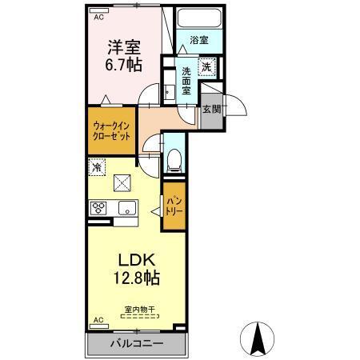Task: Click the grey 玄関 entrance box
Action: (x=210, y=109)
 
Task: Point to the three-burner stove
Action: (x=99, y=208)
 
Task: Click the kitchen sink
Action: (x=126, y=209)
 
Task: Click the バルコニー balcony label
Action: (x=136, y=343)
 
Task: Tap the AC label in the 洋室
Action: (x=99, y=16)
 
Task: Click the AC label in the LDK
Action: (x=99, y=321)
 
